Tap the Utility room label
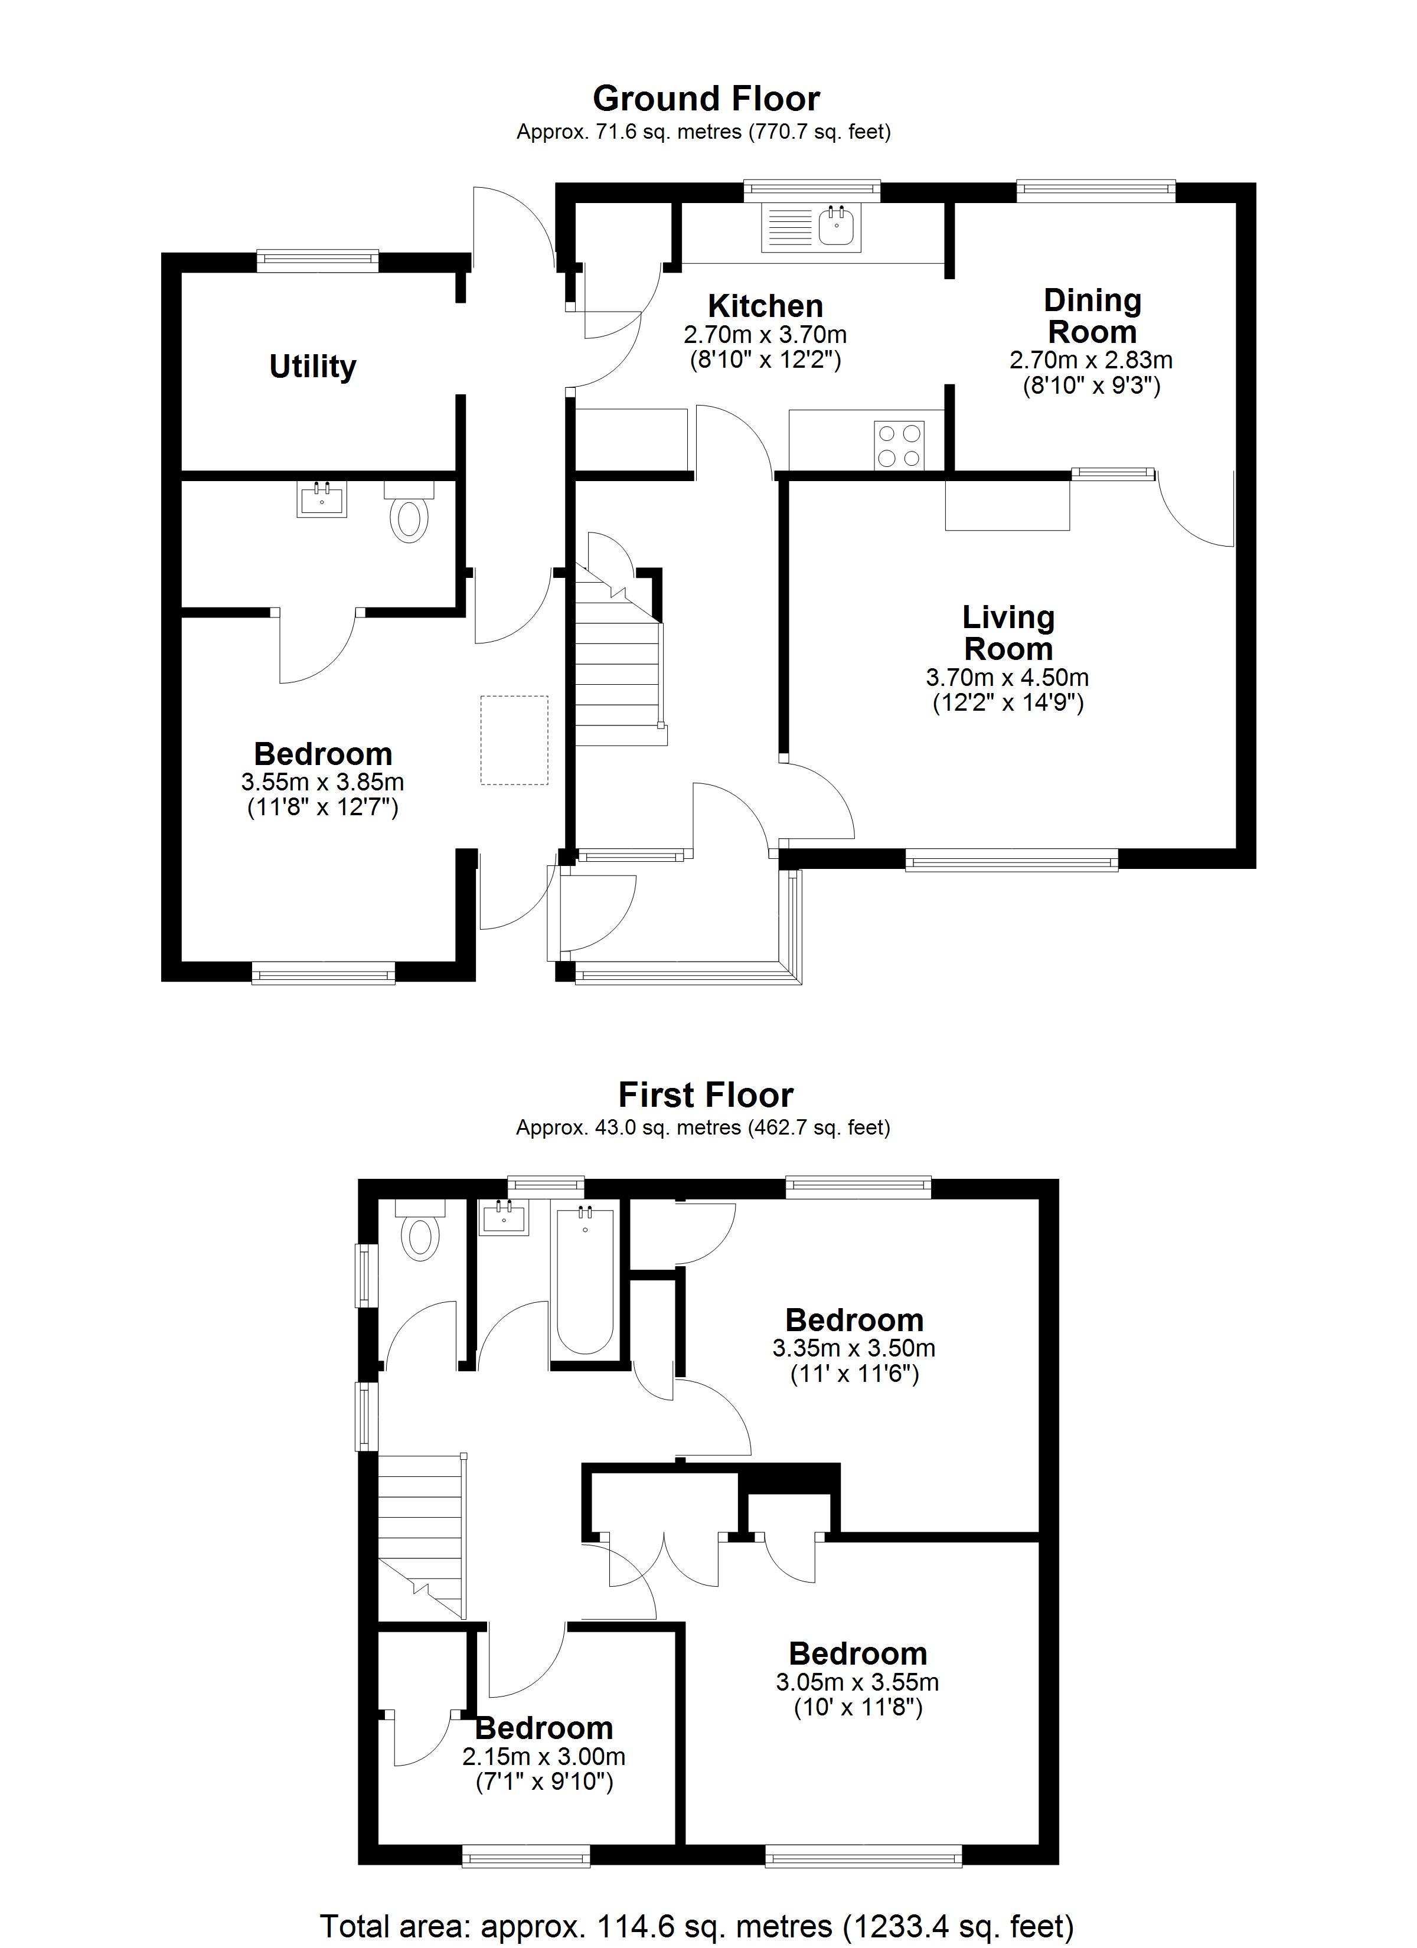[313, 367]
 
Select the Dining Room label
[1092, 316]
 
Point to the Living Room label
[1008, 633]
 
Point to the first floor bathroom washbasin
[504, 1218]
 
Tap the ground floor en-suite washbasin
[322, 499]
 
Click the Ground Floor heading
[706, 99]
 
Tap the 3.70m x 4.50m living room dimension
[1007, 677]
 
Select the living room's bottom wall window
[1011, 859]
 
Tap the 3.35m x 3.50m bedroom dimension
[854, 1348]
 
